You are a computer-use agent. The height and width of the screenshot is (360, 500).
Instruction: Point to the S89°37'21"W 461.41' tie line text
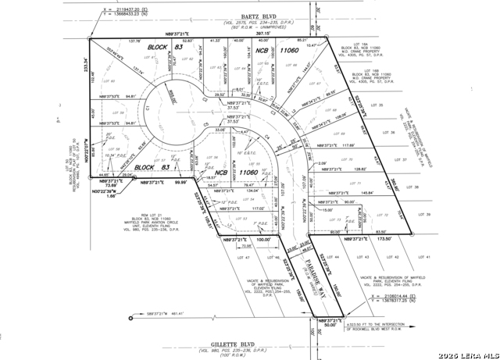168,313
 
